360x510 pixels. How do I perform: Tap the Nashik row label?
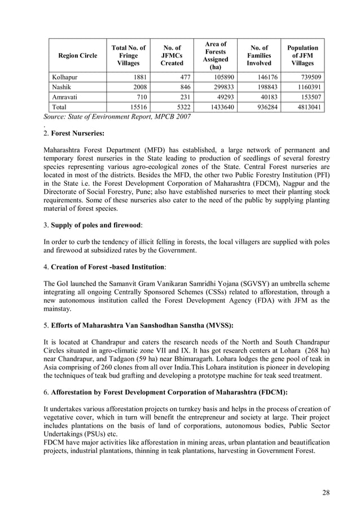pyautogui.click(x=62, y=86)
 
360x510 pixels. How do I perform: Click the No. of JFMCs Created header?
pyautogui.click(x=172, y=56)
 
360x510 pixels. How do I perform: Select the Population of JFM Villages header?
pyautogui.click(x=303, y=56)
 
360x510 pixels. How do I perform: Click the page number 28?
pyautogui.click(x=326, y=492)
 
